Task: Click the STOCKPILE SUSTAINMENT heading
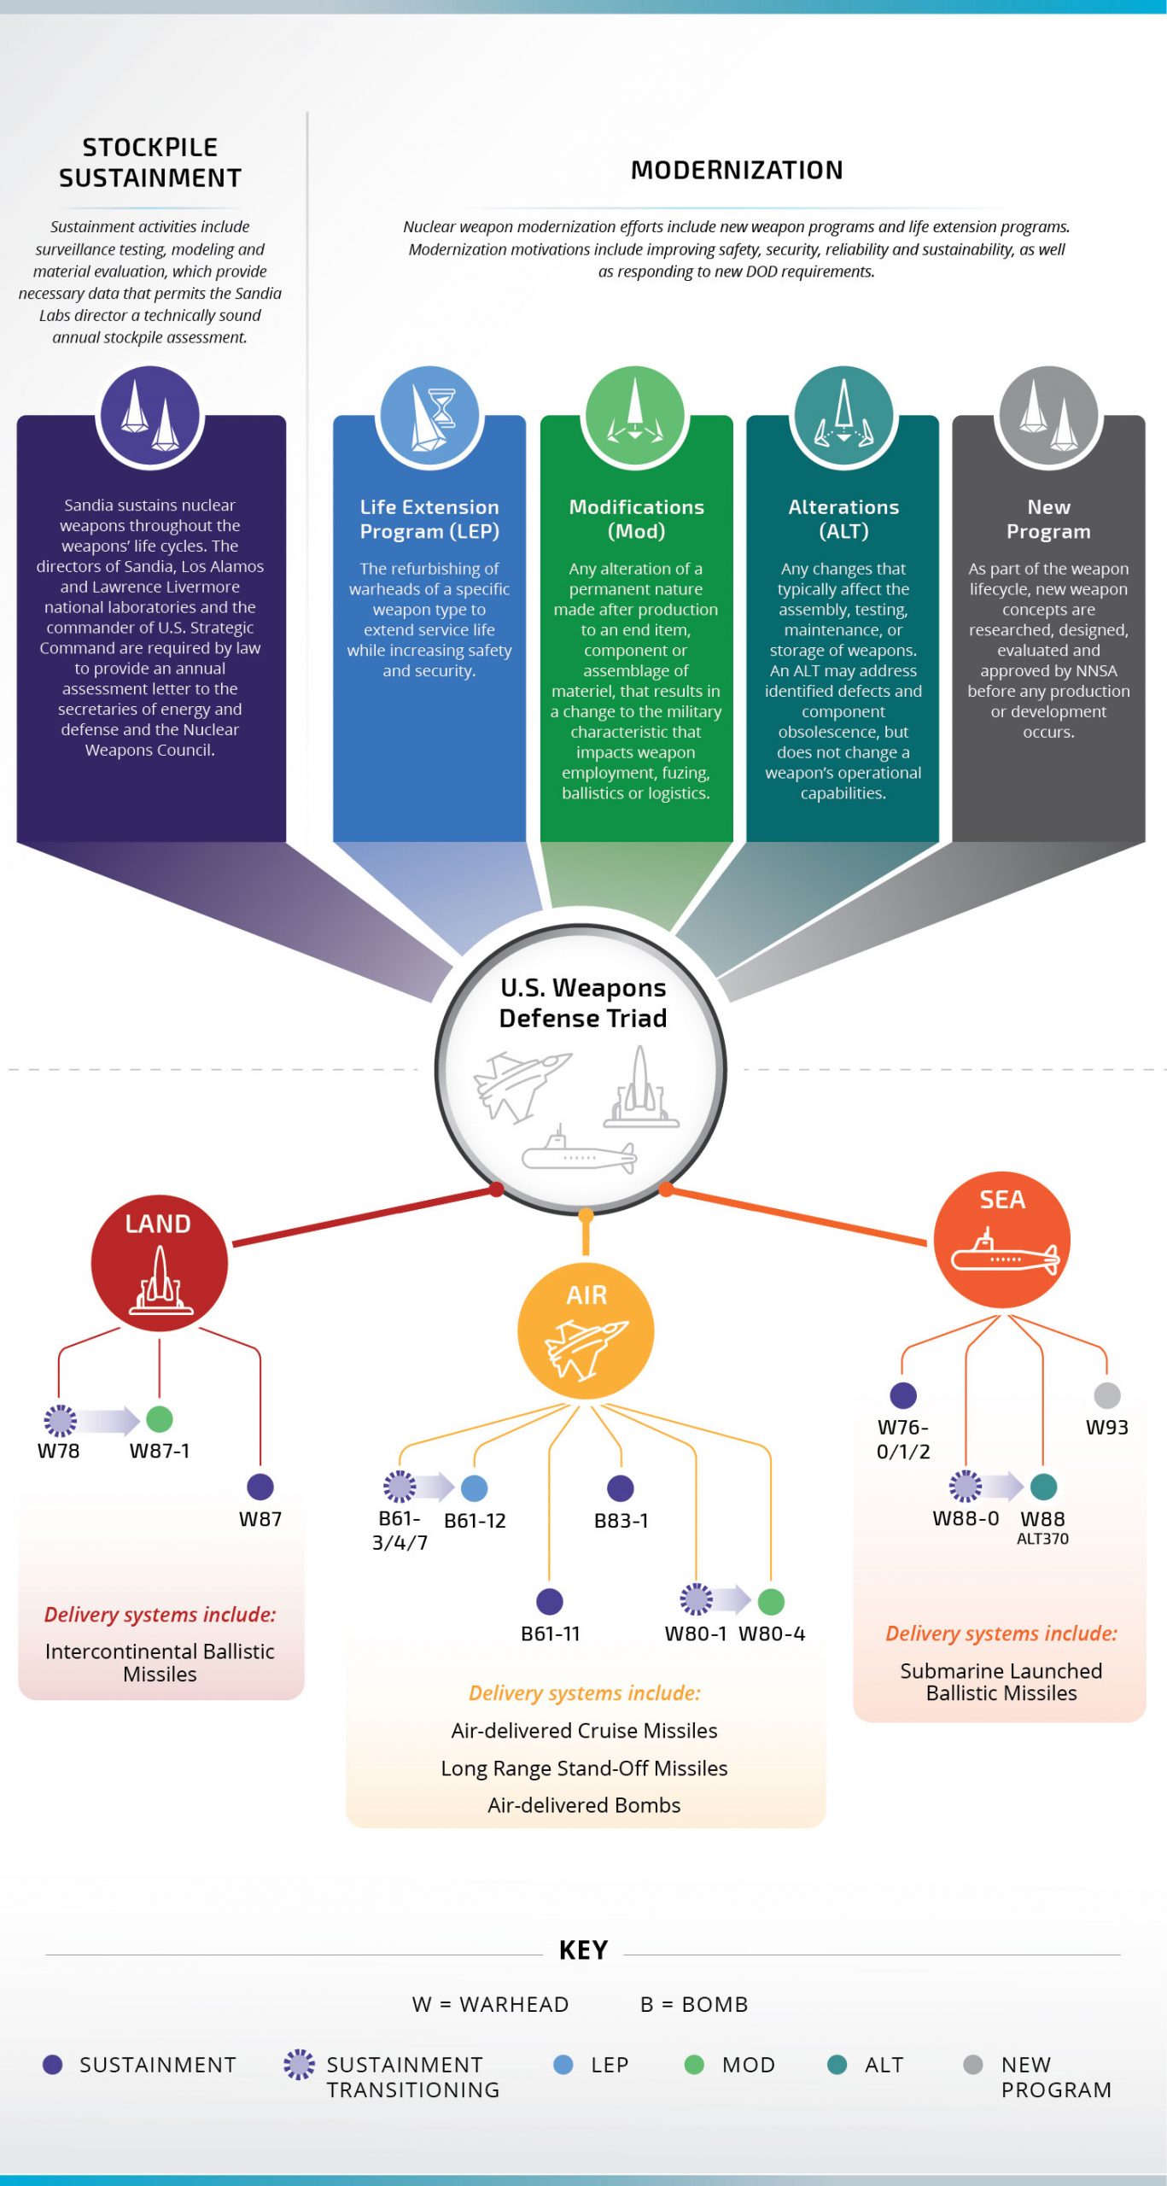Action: point(150,162)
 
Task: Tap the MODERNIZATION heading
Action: point(736,170)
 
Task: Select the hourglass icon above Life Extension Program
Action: point(441,407)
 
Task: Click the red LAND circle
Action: point(160,1263)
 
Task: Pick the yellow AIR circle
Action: point(586,1331)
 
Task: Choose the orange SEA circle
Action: point(1001,1240)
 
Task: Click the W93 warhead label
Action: point(1106,1428)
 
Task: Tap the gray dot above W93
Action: point(1106,1395)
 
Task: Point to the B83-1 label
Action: point(621,1521)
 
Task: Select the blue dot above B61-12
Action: point(475,1488)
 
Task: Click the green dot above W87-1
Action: point(160,1419)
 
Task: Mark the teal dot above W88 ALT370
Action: point(1043,1487)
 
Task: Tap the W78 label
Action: point(58,1451)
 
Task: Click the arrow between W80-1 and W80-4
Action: point(732,1599)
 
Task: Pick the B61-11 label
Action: point(550,1634)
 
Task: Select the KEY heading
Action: point(583,1950)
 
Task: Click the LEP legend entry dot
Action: point(563,2065)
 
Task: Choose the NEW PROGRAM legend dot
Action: point(972,2065)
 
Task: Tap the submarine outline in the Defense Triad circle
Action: point(578,1154)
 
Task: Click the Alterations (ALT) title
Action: point(843,518)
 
